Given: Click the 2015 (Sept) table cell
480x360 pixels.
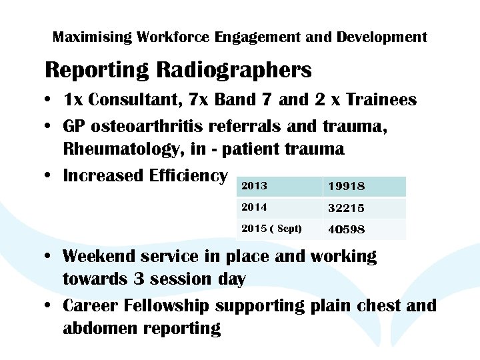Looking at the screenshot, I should (x=271, y=229).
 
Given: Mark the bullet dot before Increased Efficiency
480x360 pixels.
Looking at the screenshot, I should (x=51, y=176).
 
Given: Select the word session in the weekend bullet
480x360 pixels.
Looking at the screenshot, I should (x=174, y=279).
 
